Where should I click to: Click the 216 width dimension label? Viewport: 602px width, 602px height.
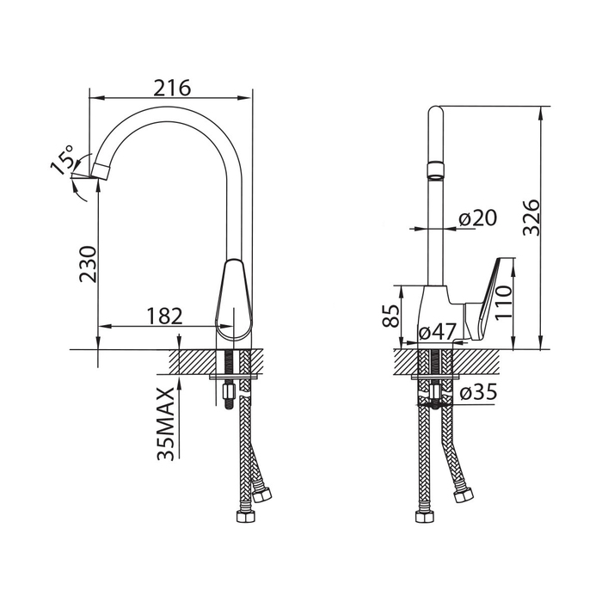pos(172,88)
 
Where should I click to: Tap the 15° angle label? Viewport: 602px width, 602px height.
pos(62,160)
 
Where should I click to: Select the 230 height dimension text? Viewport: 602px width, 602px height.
pos(88,265)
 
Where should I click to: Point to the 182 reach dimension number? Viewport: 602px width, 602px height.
pos(164,316)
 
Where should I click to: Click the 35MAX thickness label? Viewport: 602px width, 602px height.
pos(166,423)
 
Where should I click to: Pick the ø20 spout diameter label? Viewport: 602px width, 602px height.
pos(478,218)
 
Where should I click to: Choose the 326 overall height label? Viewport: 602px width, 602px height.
pos(531,218)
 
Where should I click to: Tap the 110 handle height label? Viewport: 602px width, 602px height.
pos(503,303)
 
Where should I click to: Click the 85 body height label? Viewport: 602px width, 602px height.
pos(390,316)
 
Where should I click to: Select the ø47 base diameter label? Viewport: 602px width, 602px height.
pos(437,331)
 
